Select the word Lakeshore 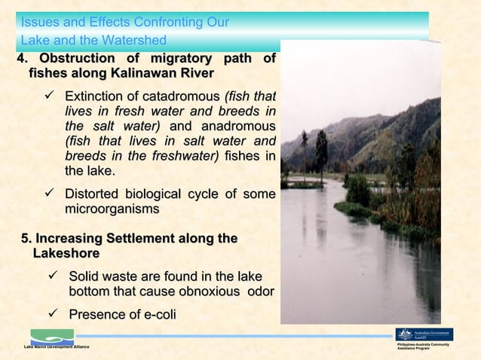coord(66,254)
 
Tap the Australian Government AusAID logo coord(424,334)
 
